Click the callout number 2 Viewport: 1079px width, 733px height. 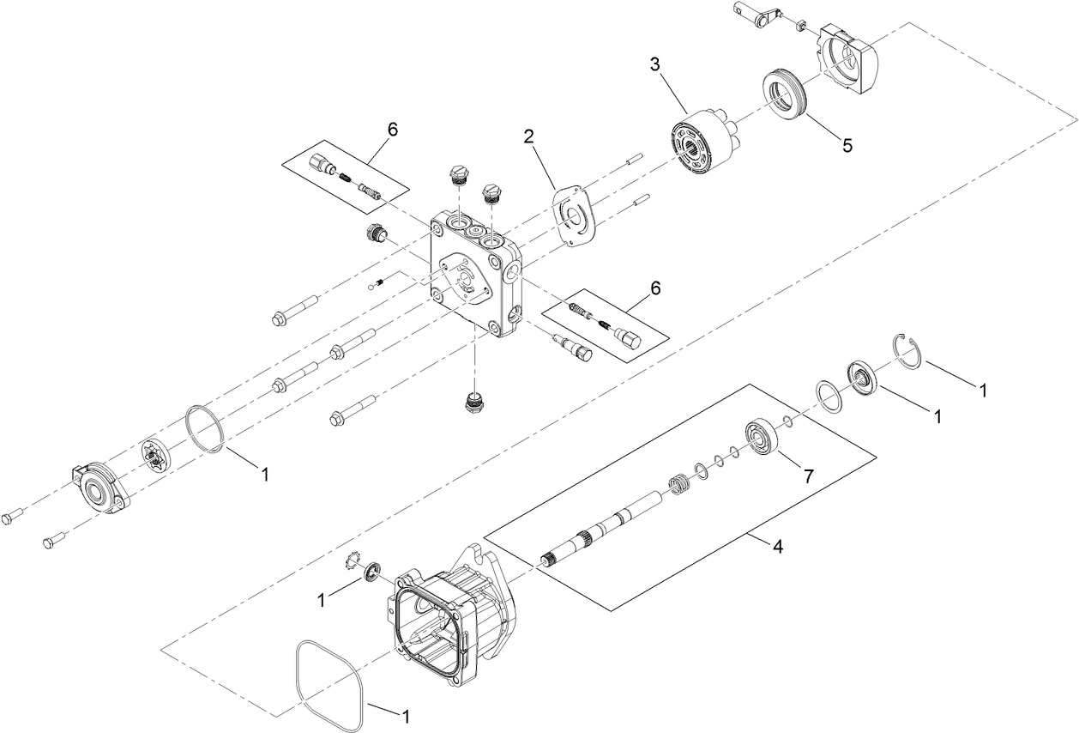530,136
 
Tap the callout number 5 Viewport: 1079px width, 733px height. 847,145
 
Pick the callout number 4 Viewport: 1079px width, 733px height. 778,546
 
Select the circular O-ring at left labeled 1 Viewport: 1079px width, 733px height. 206,428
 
